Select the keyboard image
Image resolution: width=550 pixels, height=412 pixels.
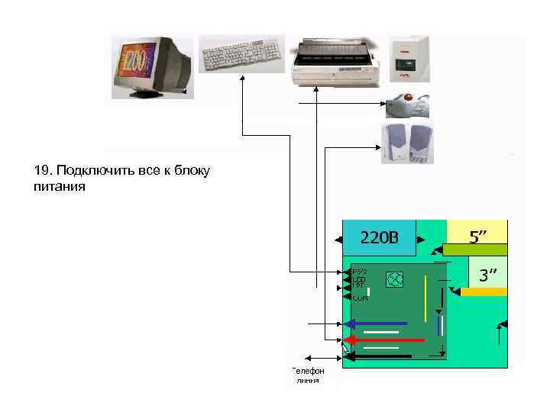[241, 53]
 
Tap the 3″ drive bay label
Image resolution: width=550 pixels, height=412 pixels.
[487, 274]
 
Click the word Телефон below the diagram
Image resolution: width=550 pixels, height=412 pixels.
[308, 370]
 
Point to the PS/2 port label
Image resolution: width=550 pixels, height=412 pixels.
[360, 272]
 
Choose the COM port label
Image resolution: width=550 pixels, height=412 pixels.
[360, 298]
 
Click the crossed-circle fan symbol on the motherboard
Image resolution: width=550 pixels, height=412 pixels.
[394, 279]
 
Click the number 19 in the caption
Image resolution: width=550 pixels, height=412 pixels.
[42, 169]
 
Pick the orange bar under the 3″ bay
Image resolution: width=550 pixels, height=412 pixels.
[483, 291]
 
